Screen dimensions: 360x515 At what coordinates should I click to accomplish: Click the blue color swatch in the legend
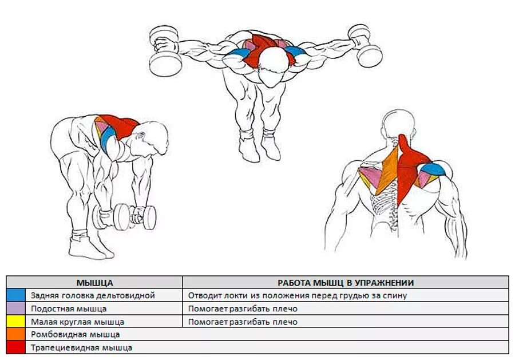(x=16, y=295)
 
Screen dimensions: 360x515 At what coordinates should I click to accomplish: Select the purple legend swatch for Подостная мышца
(x=16, y=308)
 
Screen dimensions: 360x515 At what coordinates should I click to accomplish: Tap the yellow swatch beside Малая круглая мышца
(x=16, y=322)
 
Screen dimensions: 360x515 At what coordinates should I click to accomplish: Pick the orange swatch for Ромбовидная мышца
(x=16, y=334)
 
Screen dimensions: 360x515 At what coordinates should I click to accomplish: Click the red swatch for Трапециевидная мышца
(x=16, y=347)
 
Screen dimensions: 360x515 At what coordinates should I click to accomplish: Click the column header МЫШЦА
(x=94, y=282)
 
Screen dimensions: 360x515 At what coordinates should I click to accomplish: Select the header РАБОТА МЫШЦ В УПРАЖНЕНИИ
(x=346, y=282)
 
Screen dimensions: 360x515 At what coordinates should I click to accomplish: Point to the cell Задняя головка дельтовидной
(x=93, y=295)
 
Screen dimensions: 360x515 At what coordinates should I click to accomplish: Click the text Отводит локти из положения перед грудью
(x=297, y=295)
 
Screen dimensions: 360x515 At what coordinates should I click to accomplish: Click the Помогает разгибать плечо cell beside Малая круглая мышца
(x=243, y=322)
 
